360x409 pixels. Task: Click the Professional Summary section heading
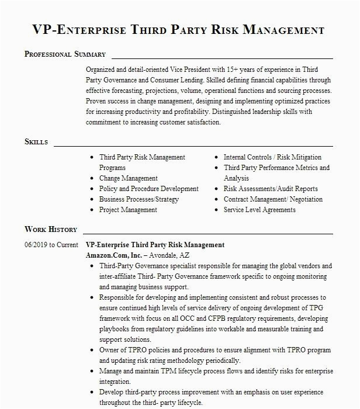[65, 54]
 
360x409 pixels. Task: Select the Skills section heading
[36, 142]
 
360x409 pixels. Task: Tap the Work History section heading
[50, 230]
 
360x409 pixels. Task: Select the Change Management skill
[128, 178]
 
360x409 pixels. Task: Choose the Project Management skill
[128, 210]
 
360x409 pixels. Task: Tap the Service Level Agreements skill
[259, 210]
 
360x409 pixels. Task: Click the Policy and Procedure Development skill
[148, 189]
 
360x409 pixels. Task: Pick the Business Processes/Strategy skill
[139, 199]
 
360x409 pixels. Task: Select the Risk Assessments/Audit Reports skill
[271, 189]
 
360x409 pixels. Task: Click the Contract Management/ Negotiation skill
[273, 199]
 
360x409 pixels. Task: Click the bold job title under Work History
[155, 245]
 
